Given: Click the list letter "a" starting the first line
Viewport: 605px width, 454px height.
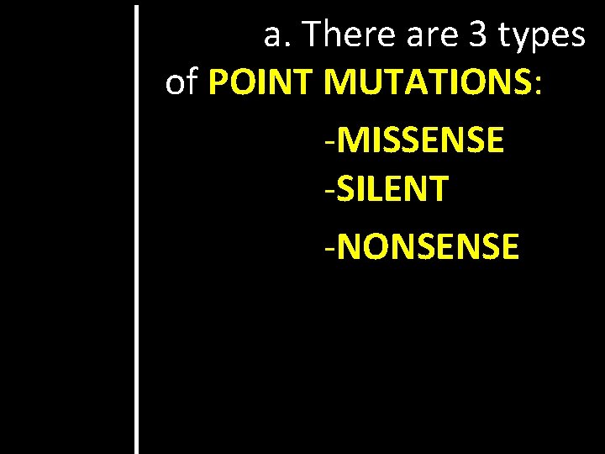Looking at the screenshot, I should point(273,36).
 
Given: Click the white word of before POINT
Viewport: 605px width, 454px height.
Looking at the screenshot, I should point(182,82).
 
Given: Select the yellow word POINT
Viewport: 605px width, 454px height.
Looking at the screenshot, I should point(261,82).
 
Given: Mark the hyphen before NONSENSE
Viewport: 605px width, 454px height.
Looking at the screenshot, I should point(333,249).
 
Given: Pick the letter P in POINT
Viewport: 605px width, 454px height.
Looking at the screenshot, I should point(218,82).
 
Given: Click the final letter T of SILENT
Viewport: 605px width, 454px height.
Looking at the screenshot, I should point(438,188).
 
